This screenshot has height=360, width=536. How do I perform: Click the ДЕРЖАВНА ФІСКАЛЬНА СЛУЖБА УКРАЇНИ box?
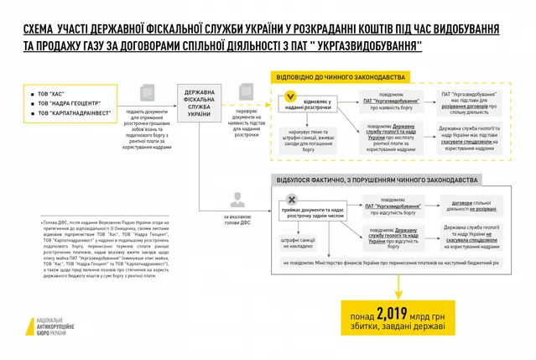pyautogui.click(x=200, y=106)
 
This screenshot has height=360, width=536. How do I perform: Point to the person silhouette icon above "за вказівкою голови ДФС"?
pyautogui.click(x=237, y=200)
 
